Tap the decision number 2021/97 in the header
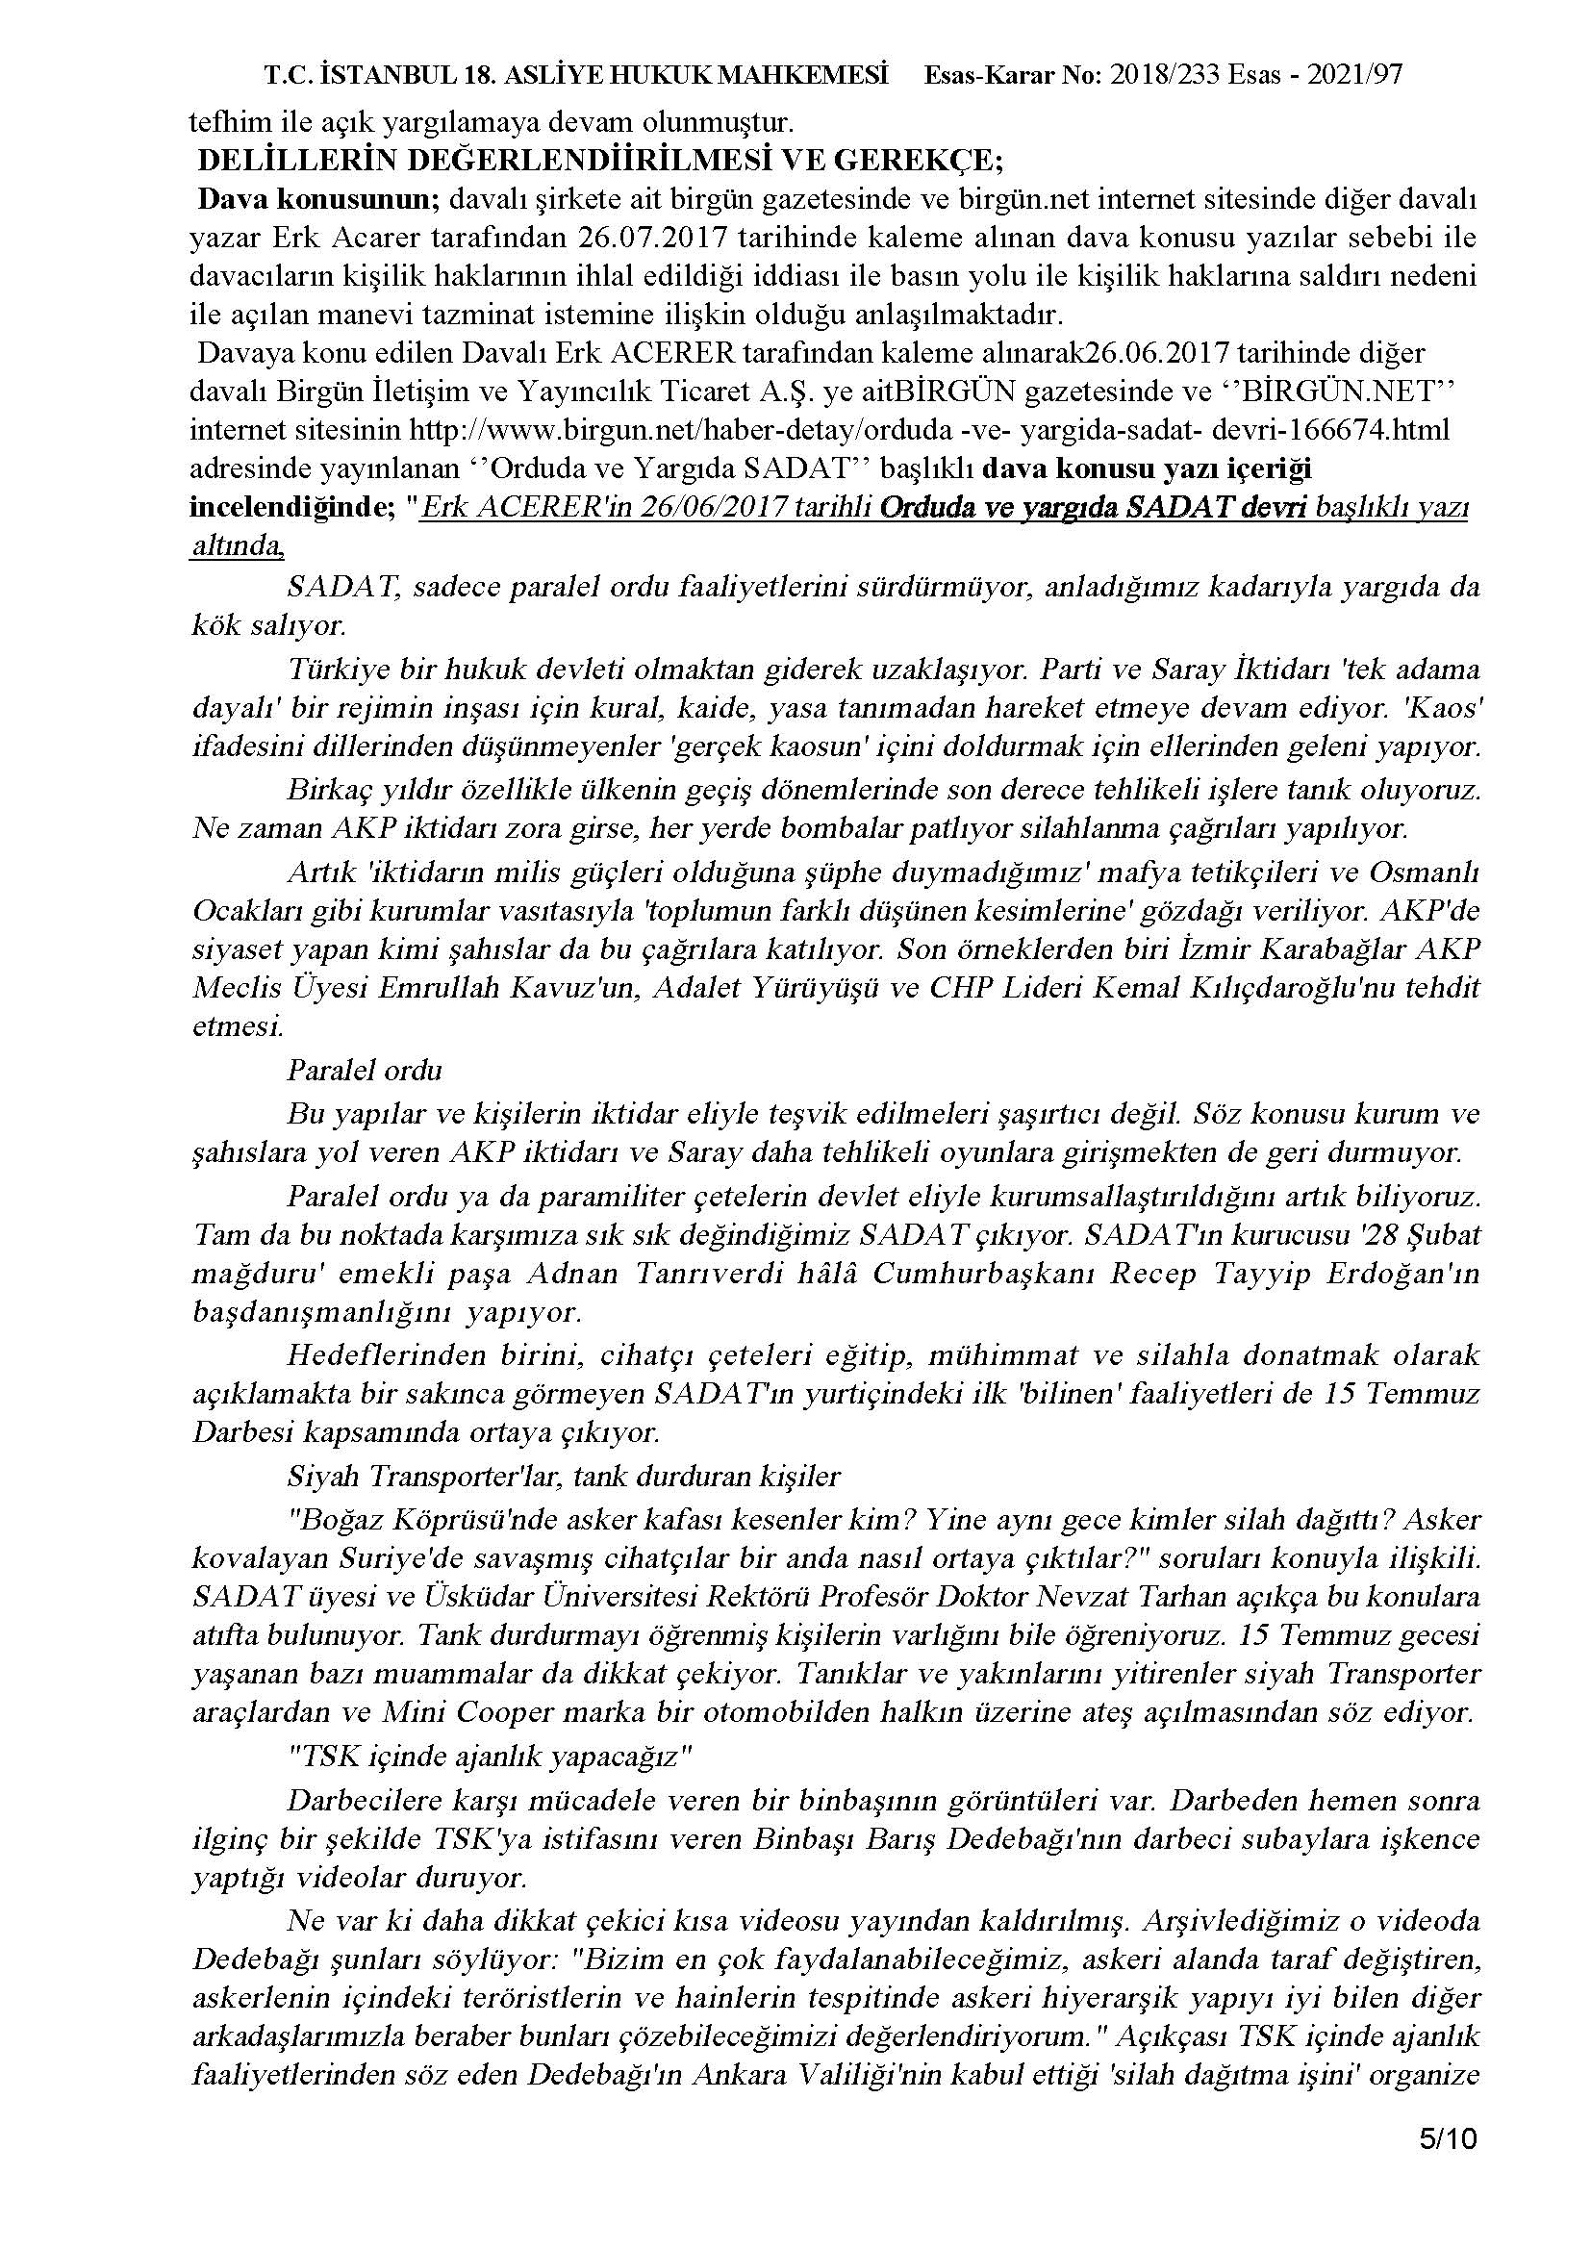[1356, 75]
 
